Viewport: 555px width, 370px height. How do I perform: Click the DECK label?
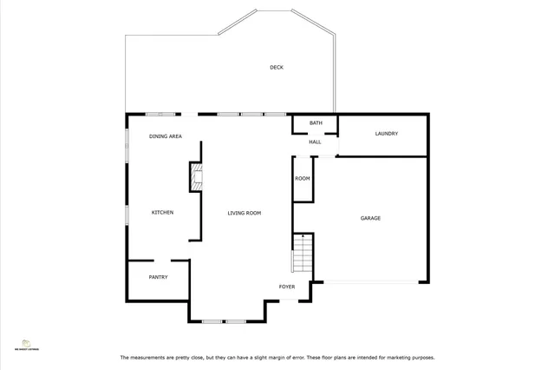point(276,67)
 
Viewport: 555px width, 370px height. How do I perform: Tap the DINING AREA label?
point(165,136)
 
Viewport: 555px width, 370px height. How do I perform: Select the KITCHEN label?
point(163,213)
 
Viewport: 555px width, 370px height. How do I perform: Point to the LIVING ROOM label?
point(245,213)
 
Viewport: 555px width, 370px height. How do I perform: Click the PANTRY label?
point(158,277)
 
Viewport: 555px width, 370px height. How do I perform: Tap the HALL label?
point(315,142)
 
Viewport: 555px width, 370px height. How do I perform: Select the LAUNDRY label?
point(386,133)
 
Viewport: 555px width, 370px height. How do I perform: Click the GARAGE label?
point(370,218)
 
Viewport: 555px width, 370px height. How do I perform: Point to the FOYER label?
point(286,286)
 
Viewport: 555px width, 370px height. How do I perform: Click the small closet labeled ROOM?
point(302,178)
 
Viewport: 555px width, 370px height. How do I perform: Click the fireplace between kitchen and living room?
point(197,177)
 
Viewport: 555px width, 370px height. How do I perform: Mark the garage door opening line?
point(370,281)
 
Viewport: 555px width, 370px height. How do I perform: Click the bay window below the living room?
point(225,321)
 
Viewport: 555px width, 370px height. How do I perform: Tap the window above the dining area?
point(160,114)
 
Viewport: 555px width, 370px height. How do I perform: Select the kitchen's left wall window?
point(127,215)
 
